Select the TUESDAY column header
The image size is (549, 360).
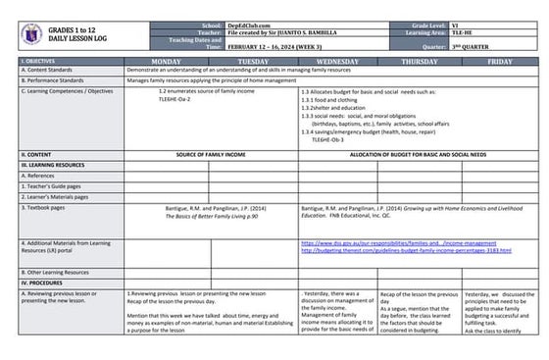point(254,62)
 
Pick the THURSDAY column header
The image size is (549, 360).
point(419,62)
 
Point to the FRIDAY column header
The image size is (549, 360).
point(499,62)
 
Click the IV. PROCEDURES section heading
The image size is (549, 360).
point(44,282)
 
